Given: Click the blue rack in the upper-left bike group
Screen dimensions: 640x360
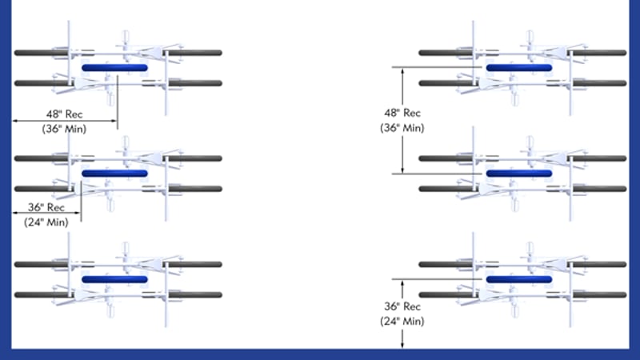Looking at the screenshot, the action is (x=114, y=68).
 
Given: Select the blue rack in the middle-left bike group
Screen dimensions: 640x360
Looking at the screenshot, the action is (x=114, y=174).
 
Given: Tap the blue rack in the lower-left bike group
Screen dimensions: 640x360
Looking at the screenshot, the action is (x=114, y=279).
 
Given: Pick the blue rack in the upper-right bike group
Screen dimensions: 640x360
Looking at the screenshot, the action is (x=519, y=68).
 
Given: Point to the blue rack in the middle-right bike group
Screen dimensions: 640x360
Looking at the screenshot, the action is (x=519, y=174).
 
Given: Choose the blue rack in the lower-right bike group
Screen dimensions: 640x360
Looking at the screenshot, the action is (x=519, y=279).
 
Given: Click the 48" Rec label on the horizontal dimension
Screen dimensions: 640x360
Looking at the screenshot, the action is (x=64, y=114).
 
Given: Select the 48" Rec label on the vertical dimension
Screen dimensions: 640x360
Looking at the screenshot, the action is (x=402, y=113).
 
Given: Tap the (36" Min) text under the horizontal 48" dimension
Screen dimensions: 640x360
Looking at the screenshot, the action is (x=64, y=129).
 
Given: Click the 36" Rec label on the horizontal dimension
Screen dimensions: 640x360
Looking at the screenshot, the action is (x=46, y=207).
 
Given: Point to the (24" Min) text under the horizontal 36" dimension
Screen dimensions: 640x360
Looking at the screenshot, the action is (x=46, y=222).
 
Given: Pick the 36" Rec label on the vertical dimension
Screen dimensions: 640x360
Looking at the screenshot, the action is (x=402, y=306).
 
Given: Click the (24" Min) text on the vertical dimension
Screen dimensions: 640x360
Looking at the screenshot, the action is (x=402, y=322).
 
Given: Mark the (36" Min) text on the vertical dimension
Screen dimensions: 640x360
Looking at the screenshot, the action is (x=402, y=128).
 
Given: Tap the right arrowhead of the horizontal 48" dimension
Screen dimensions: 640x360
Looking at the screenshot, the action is (x=114, y=121).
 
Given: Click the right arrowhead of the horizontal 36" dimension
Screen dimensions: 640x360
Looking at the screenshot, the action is (x=78, y=213).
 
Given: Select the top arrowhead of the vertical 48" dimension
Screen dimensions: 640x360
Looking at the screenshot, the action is (x=402, y=71).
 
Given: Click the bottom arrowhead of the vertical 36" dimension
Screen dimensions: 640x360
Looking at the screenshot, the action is (x=402, y=345).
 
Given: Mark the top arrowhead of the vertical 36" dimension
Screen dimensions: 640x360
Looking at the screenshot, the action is (x=402, y=283).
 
